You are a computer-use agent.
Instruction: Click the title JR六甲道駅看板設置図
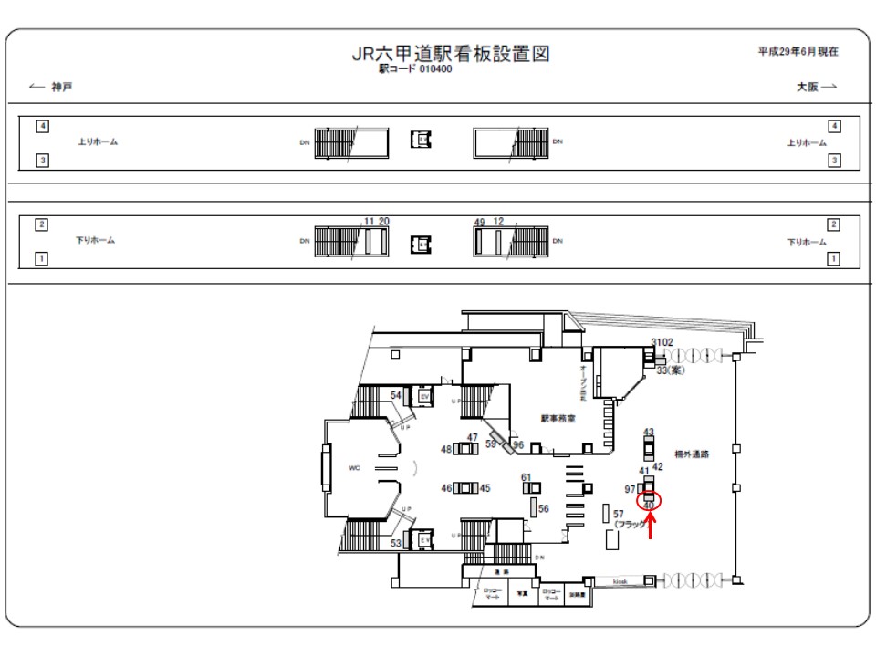click(x=451, y=54)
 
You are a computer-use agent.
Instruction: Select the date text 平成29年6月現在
click(x=798, y=52)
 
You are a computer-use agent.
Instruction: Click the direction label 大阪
click(x=808, y=87)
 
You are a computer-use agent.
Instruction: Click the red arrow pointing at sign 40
click(x=649, y=525)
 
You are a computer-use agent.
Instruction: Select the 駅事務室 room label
click(x=558, y=420)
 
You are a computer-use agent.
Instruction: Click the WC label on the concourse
click(x=354, y=468)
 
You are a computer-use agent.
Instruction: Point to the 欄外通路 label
click(x=692, y=454)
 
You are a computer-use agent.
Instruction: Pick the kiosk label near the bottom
click(x=620, y=581)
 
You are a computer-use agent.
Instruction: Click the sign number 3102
click(x=662, y=342)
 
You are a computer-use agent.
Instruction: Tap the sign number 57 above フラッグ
click(x=618, y=515)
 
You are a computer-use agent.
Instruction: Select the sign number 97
click(x=630, y=490)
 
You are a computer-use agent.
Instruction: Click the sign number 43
click(x=649, y=432)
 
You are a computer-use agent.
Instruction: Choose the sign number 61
click(x=526, y=477)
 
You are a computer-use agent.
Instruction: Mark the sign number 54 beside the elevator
click(x=396, y=394)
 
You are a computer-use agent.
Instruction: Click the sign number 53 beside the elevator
click(x=396, y=544)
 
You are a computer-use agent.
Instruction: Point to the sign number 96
click(x=517, y=444)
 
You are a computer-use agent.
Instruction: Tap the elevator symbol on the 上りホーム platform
click(x=421, y=139)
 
